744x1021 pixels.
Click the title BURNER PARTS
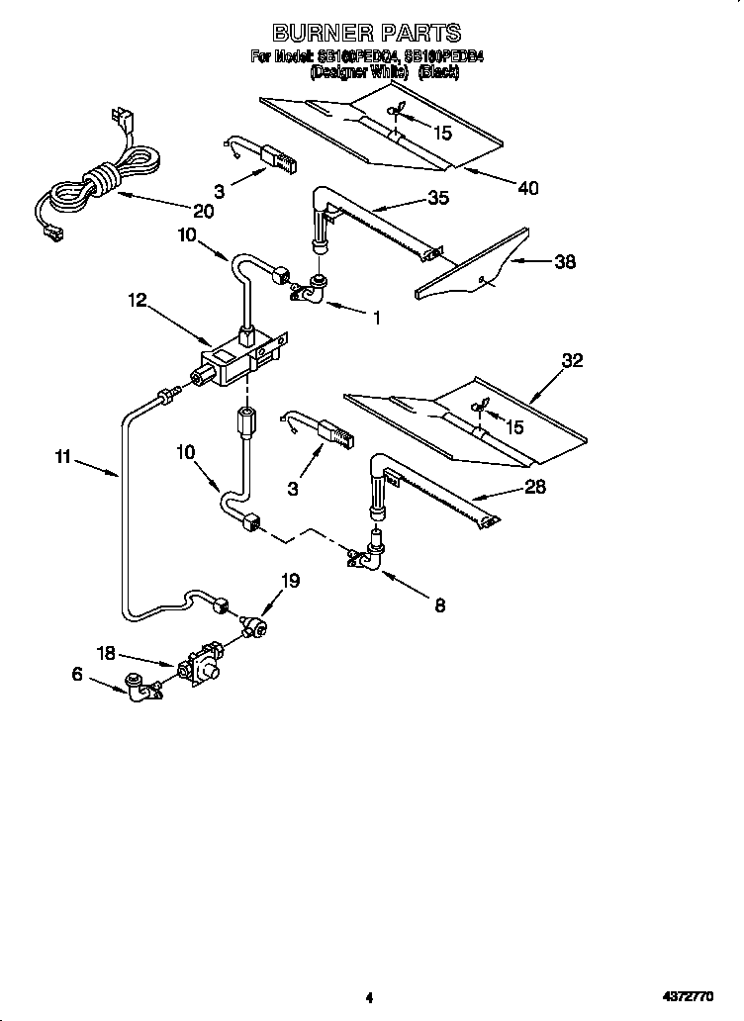click(x=367, y=35)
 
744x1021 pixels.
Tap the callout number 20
click(x=203, y=211)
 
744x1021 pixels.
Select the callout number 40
click(x=528, y=188)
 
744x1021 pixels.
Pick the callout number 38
click(x=565, y=262)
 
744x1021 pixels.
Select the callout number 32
click(x=572, y=361)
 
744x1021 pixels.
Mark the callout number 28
click(x=535, y=486)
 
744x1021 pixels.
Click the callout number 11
click(x=63, y=457)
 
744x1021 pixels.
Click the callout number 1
click(x=376, y=318)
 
